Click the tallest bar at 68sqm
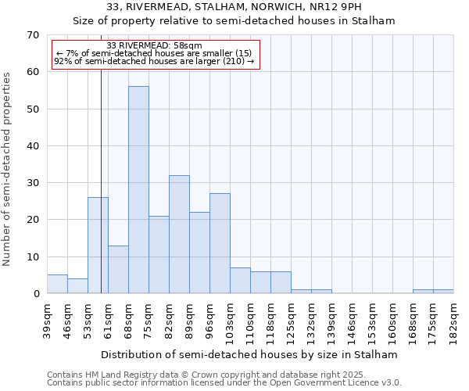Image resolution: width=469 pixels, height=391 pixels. coord(138,190)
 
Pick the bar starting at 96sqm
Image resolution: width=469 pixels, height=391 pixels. coord(220,243)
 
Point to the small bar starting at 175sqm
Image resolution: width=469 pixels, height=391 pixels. coord(443,292)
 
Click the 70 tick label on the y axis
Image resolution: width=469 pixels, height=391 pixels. coord(32,35)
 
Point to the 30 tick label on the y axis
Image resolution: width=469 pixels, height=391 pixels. coord(32,183)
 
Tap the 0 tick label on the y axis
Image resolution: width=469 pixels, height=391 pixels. coord(35,294)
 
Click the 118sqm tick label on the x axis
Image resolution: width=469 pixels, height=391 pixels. coord(271,321)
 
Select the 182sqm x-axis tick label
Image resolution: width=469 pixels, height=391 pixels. coord(454,321)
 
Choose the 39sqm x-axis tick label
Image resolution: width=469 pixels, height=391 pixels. coord(48,319)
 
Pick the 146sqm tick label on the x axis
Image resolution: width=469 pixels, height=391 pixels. coord(353,321)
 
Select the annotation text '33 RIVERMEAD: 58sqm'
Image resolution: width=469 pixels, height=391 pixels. coord(154,46)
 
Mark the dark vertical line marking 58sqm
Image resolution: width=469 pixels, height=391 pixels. coord(102,195)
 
